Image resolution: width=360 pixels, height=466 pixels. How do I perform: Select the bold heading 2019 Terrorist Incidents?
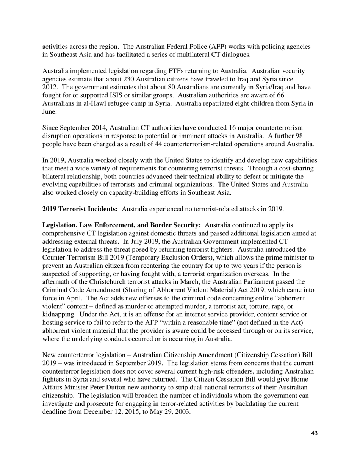click(80, 209)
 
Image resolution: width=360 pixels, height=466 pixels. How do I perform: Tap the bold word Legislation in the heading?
click(60, 225)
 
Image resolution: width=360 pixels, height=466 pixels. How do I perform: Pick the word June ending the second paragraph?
click(49, 112)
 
